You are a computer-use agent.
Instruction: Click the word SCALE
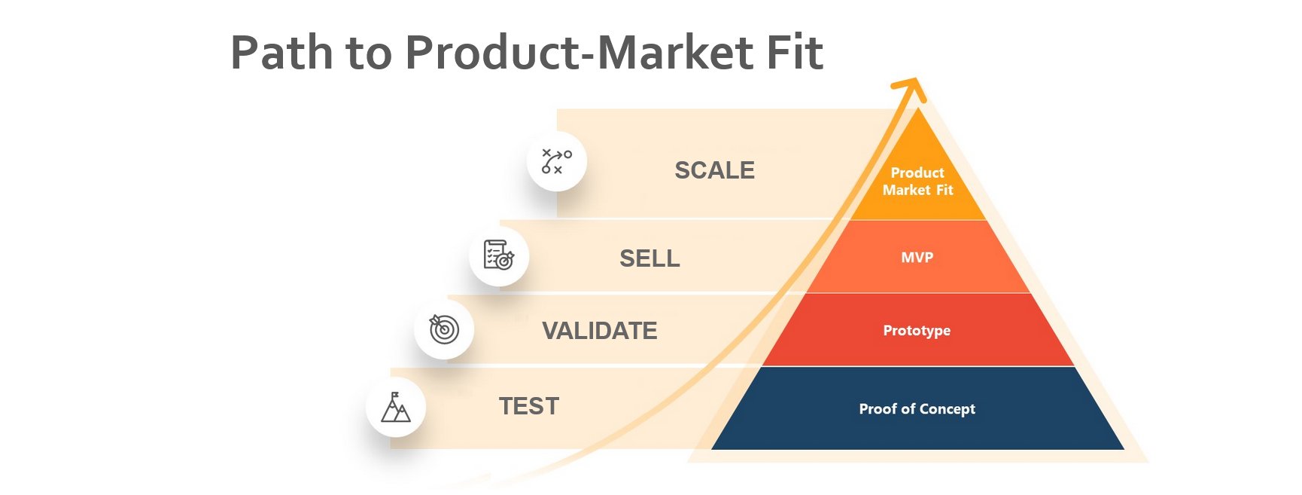[x=714, y=170]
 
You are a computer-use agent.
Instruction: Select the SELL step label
[x=649, y=258]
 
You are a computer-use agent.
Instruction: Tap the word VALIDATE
[x=600, y=331]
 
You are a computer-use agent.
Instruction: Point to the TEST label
[x=529, y=406]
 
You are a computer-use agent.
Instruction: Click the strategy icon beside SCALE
[x=557, y=161]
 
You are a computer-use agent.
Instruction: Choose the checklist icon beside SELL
[x=499, y=255]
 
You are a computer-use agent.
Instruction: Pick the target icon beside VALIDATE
[x=444, y=328]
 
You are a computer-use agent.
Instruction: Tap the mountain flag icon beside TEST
[x=396, y=407]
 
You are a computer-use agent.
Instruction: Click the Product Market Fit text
[x=917, y=182]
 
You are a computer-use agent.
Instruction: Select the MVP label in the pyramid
[x=917, y=258]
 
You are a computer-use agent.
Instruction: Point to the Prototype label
[x=917, y=331]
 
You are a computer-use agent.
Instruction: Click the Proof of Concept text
[x=917, y=409]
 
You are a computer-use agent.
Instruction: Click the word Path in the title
[x=281, y=53]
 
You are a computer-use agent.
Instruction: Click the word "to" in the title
[x=369, y=54]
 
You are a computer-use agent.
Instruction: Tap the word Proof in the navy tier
[x=878, y=408]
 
